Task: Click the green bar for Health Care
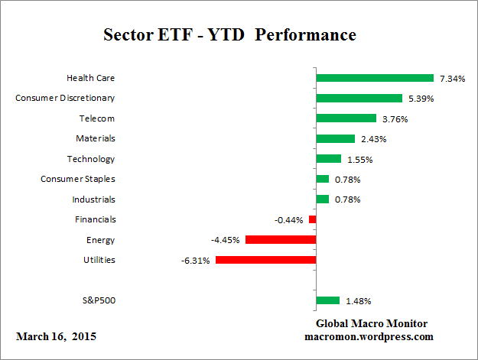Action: tap(375, 78)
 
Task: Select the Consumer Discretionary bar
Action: tap(359, 98)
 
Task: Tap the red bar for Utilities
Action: tap(265, 260)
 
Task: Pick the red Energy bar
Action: tap(281, 239)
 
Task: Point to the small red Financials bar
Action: tap(312, 219)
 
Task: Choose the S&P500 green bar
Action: tap(327, 300)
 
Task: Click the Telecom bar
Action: tap(346, 118)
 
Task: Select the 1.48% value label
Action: tap(357, 300)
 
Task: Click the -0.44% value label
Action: tap(288, 219)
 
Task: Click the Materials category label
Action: tap(96, 138)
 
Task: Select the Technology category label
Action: tap(92, 159)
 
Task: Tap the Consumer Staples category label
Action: tap(78, 179)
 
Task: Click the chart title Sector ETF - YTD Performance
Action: tap(229, 35)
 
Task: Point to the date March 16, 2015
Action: tap(56, 336)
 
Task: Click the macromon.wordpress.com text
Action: tap(369, 336)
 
